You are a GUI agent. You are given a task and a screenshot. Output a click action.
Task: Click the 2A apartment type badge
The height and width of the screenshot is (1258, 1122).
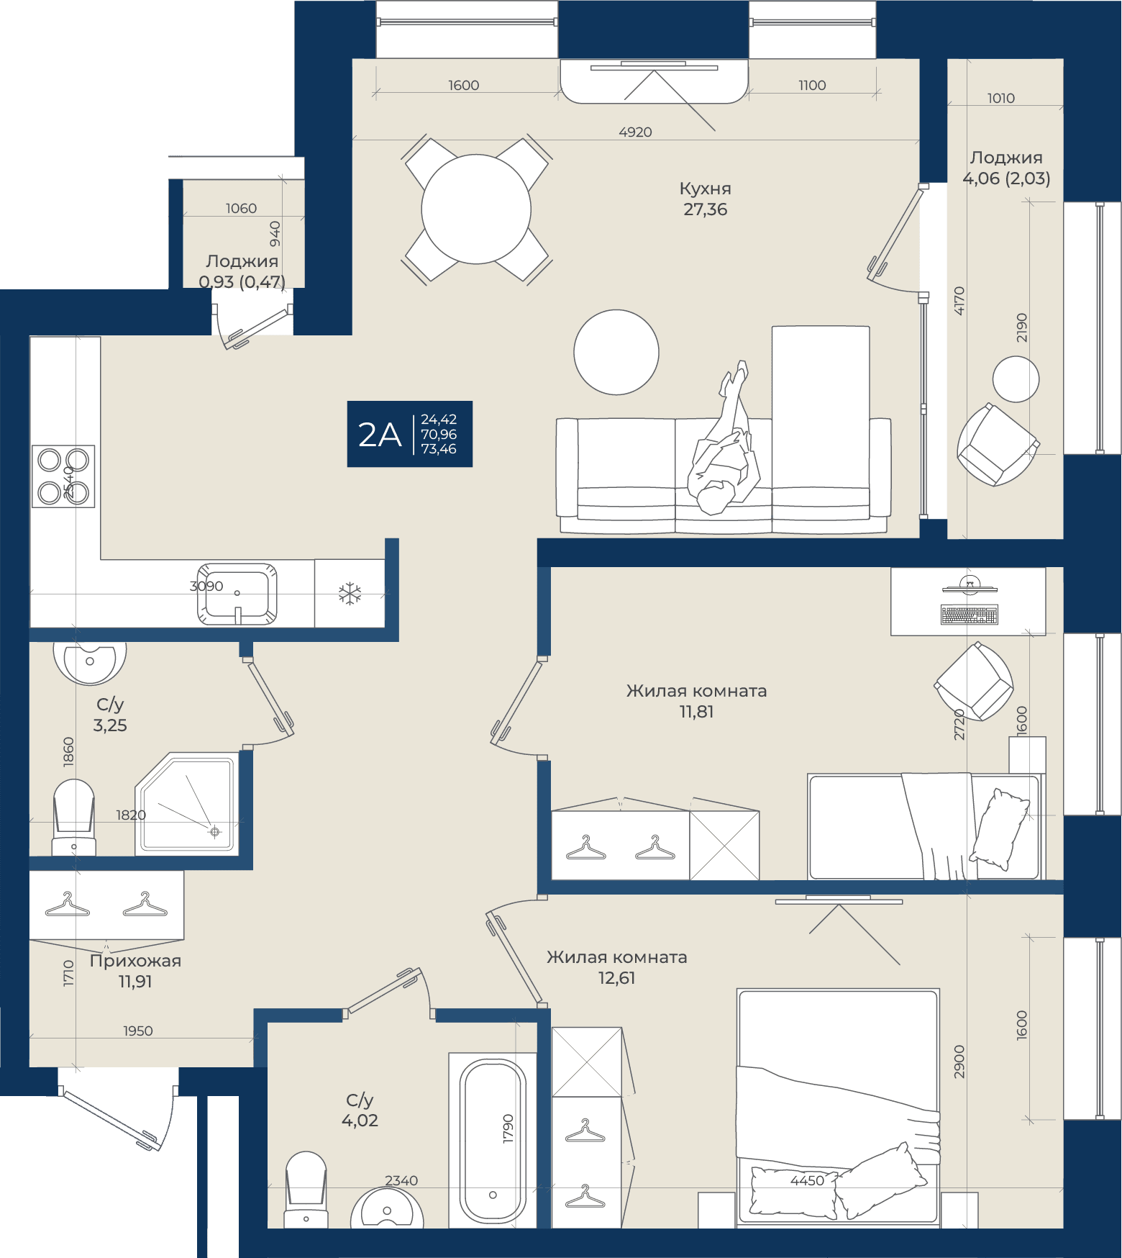(409, 434)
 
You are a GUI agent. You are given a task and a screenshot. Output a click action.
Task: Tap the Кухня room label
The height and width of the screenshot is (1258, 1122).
(705, 189)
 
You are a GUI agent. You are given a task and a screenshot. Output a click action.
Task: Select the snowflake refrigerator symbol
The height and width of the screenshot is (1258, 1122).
(350, 594)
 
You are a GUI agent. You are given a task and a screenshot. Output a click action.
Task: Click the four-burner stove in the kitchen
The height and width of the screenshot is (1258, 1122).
(63, 476)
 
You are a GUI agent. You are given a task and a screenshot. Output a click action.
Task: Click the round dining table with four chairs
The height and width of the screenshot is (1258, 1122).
(476, 209)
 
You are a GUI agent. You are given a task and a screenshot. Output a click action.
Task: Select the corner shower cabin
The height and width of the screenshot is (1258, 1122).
(187, 804)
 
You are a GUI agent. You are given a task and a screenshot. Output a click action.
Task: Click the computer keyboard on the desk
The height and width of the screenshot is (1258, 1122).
(970, 615)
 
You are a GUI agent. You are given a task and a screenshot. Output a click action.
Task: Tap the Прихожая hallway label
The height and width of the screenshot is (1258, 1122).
(135, 961)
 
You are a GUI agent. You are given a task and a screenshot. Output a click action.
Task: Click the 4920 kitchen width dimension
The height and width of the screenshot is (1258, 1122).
(635, 132)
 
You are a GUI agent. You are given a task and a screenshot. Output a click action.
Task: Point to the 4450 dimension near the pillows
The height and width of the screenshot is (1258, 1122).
(807, 1180)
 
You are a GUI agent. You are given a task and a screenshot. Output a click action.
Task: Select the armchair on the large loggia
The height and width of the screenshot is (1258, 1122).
(997, 443)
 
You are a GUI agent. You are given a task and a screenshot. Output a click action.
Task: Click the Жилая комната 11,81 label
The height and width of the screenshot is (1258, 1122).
(696, 701)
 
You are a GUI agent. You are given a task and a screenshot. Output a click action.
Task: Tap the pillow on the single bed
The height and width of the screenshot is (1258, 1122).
(1000, 829)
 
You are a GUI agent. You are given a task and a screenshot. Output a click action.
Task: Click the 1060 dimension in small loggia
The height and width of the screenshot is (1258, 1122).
(241, 208)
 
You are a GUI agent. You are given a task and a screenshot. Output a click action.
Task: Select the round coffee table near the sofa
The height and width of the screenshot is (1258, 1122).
(616, 352)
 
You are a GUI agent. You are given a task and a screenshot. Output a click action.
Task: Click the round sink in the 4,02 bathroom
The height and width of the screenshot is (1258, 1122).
(387, 1208)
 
